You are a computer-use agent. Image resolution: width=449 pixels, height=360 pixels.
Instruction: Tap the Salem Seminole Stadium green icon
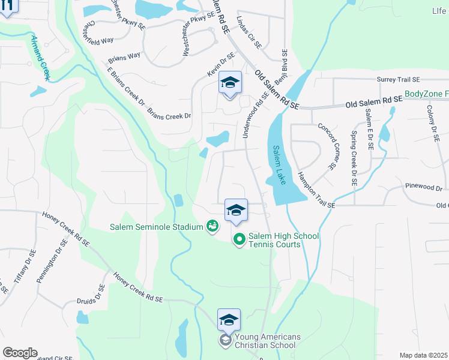pyautogui.click(x=212, y=226)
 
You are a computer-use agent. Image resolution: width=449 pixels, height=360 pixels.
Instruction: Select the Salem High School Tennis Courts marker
pyautogui.click(x=239, y=239)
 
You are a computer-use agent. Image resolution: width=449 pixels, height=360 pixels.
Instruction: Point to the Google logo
pyautogui.click(x=20, y=353)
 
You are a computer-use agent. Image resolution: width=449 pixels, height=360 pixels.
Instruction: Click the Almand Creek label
pyautogui.click(x=40, y=58)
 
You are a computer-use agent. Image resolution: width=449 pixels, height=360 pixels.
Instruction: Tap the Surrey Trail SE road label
pyautogui.click(x=399, y=79)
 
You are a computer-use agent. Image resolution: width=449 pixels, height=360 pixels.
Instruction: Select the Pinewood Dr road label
pyautogui.click(x=424, y=187)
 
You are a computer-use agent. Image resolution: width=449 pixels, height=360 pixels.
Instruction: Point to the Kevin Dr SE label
pyautogui.click(x=219, y=65)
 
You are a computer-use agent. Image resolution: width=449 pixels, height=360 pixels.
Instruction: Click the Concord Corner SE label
pyautogui.click(x=328, y=145)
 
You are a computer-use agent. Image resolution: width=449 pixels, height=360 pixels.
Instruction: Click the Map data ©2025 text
pyautogui.click(x=424, y=355)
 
